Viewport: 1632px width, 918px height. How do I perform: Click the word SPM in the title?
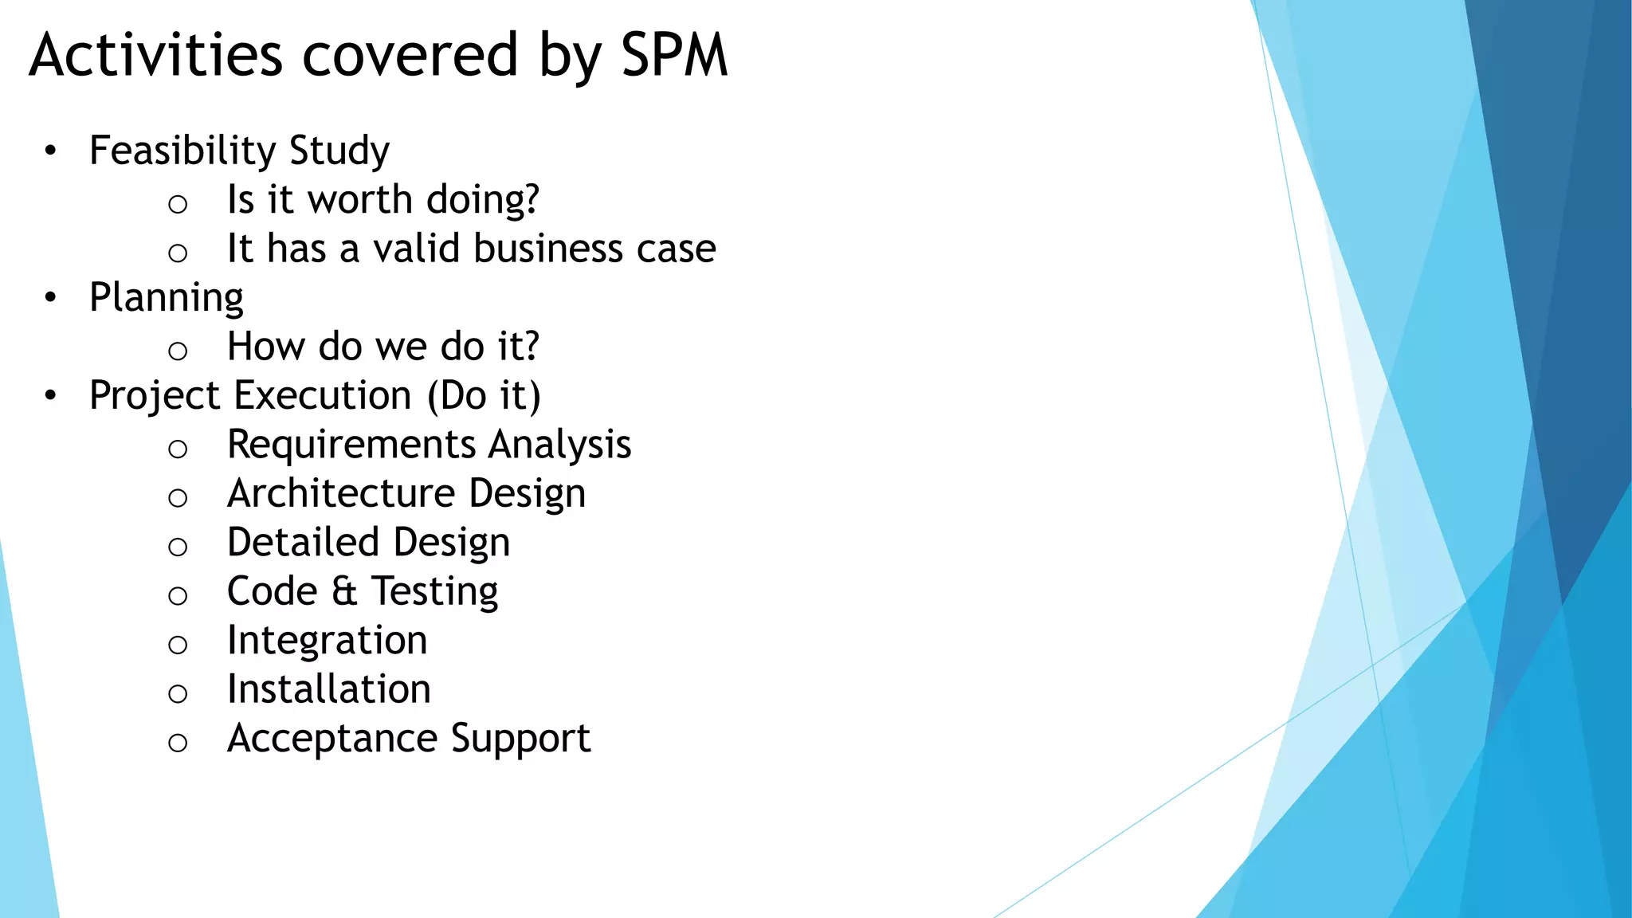[674, 56]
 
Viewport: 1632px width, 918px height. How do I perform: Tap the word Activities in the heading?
[156, 56]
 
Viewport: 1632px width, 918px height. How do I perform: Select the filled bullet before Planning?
[51, 298]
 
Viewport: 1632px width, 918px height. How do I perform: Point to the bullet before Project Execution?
[51, 396]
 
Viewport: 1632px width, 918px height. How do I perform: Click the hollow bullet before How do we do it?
[178, 351]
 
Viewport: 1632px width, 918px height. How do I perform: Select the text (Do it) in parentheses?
[484, 396]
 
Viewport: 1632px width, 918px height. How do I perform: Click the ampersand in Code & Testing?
[344, 592]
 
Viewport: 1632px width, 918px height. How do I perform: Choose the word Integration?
[327, 641]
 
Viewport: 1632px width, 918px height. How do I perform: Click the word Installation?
[328, 689]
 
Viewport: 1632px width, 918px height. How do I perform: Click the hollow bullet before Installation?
[178, 693]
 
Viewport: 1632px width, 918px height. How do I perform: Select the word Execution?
[323, 396]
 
